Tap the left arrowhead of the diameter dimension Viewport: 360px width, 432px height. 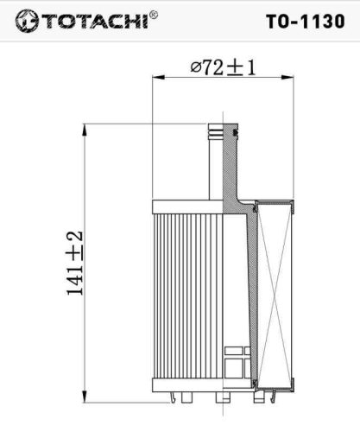(156, 78)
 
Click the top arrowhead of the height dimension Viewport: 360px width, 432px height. (85, 128)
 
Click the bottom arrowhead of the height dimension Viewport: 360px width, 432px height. (85, 398)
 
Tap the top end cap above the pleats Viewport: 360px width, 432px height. (186, 206)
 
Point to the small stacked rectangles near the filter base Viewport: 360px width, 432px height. (235, 359)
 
